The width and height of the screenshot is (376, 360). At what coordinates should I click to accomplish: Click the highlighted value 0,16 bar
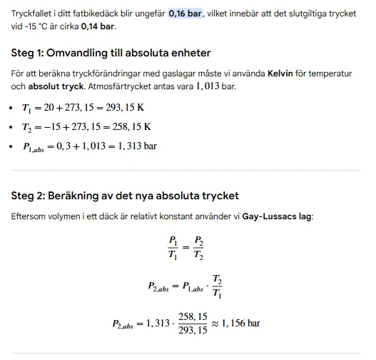pos(185,13)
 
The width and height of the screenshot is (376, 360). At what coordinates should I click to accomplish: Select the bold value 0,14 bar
pos(98,26)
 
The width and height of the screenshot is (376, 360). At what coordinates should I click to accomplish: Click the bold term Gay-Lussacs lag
pos(280,215)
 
